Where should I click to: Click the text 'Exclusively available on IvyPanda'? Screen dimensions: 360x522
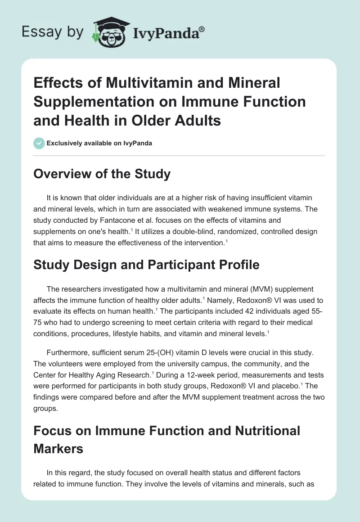(x=99, y=144)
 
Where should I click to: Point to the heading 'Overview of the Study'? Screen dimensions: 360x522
(x=102, y=173)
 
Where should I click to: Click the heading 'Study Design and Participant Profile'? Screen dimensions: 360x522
(x=146, y=265)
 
